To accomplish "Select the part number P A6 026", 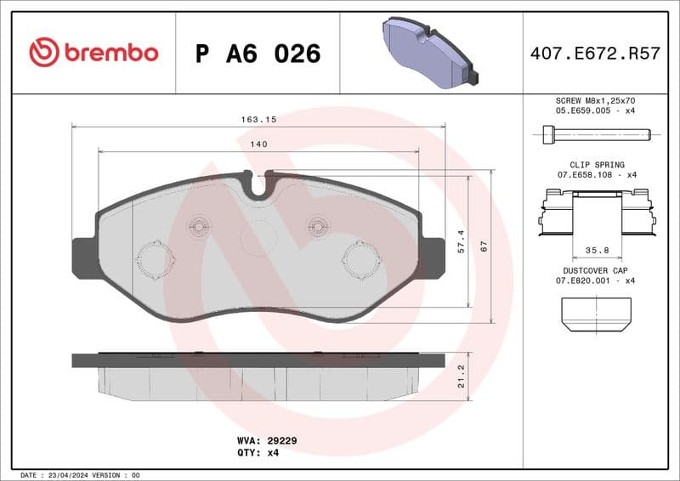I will (258, 54).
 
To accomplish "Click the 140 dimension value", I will (258, 144).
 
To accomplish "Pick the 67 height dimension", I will (484, 246).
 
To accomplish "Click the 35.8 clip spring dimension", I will (597, 251).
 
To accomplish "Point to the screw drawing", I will (596, 133).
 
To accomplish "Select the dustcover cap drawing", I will (597, 314).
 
